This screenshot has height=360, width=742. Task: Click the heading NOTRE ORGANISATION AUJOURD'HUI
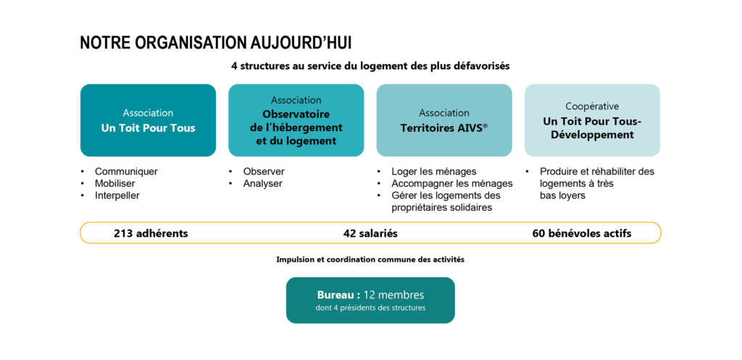[x=216, y=43]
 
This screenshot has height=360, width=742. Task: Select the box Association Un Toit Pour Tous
[x=148, y=120]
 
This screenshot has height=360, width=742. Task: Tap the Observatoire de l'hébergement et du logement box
[x=296, y=120]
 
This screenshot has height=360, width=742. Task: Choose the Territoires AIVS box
[x=444, y=120]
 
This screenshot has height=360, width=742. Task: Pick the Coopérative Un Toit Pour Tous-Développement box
[x=593, y=120]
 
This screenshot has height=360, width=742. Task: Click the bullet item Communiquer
[x=126, y=172]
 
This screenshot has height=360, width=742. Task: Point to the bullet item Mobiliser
[x=115, y=183]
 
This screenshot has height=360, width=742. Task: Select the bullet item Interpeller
[x=117, y=196]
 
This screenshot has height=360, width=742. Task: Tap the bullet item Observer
[x=264, y=172]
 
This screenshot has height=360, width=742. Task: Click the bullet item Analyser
[x=262, y=183]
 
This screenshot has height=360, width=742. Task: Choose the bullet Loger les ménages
[x=434, y=172]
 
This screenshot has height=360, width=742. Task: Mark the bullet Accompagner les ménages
[x=452, y=183]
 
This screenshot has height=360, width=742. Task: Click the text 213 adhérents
[x=151, y=233]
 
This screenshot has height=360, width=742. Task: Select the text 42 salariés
[x=370, y=233]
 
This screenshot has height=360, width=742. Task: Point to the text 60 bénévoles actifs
[x=582, y=233]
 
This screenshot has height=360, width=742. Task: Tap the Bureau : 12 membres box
[x=370, y=301]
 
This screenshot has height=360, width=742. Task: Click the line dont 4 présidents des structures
[x=370, y=309]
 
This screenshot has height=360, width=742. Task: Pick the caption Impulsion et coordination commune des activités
[x=370, y=260]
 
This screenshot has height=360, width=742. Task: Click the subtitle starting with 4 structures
[x=370, y=66]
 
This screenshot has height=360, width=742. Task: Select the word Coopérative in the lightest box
[x=592, y=106]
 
